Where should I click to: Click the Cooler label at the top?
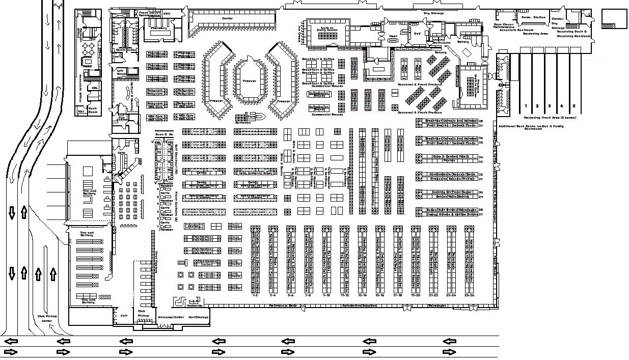coord(227,18)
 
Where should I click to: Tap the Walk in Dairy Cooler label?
coord(327,30)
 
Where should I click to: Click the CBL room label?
coord(94,88)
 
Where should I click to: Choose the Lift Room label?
coord(121,72)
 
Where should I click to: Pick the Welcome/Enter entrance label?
coord(170,317)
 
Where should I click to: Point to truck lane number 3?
coord(549,106)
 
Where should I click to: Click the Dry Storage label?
coord(434,13)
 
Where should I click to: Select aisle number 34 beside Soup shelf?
coord(480,157)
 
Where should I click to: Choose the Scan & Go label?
coord(164,133)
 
